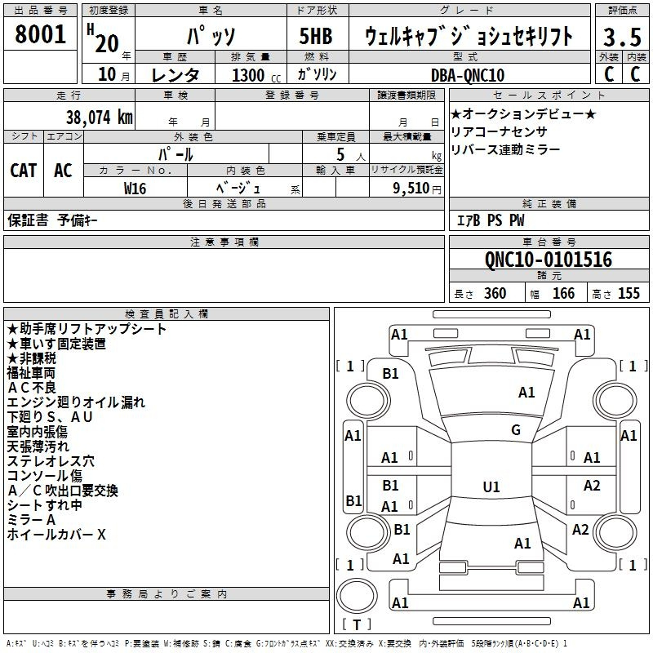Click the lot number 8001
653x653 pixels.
41,34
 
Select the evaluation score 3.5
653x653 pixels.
621,38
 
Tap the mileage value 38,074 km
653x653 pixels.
99,118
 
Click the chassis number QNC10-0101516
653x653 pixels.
548,260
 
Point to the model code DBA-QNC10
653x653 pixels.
467,75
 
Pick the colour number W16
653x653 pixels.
135,188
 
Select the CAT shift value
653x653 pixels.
24,170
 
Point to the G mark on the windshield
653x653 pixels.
515,430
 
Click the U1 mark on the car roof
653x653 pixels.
491,487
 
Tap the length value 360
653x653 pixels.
495,294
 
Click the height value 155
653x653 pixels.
629,294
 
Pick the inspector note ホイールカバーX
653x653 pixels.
56,535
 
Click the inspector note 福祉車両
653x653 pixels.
31,373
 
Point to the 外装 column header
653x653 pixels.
608,57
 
